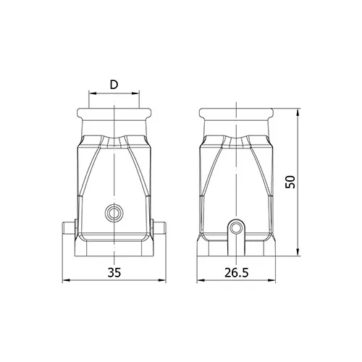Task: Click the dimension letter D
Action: tap(114, 85)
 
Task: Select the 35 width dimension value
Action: tap(114, 272)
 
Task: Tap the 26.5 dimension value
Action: tap(237, 272)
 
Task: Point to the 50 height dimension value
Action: tap(290, 182)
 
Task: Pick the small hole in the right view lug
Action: tap(236, 227)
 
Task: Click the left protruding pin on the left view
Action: tap(70, 228)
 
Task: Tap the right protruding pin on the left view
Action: tap(159, 228)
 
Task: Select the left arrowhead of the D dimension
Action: tap(93, 93)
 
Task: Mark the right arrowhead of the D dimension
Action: tap(135, 93)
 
